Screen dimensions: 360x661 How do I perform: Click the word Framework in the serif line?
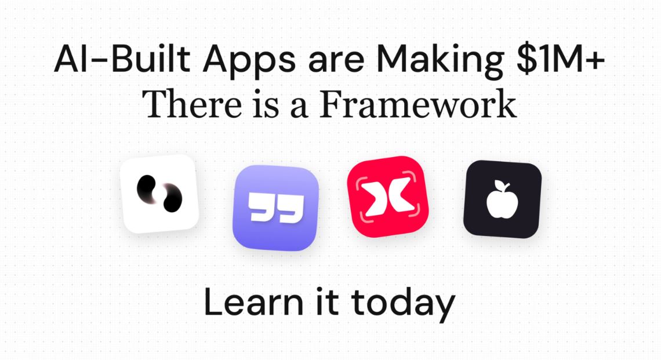click(418, 104)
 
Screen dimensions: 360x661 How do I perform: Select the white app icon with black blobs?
click(160, 194)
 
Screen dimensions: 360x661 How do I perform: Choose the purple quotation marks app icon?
click(275, 208)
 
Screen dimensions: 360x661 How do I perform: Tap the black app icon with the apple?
click(502, 199)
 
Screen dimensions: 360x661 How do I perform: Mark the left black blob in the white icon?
click(146, 187)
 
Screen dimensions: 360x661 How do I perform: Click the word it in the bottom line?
click(325, 303)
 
